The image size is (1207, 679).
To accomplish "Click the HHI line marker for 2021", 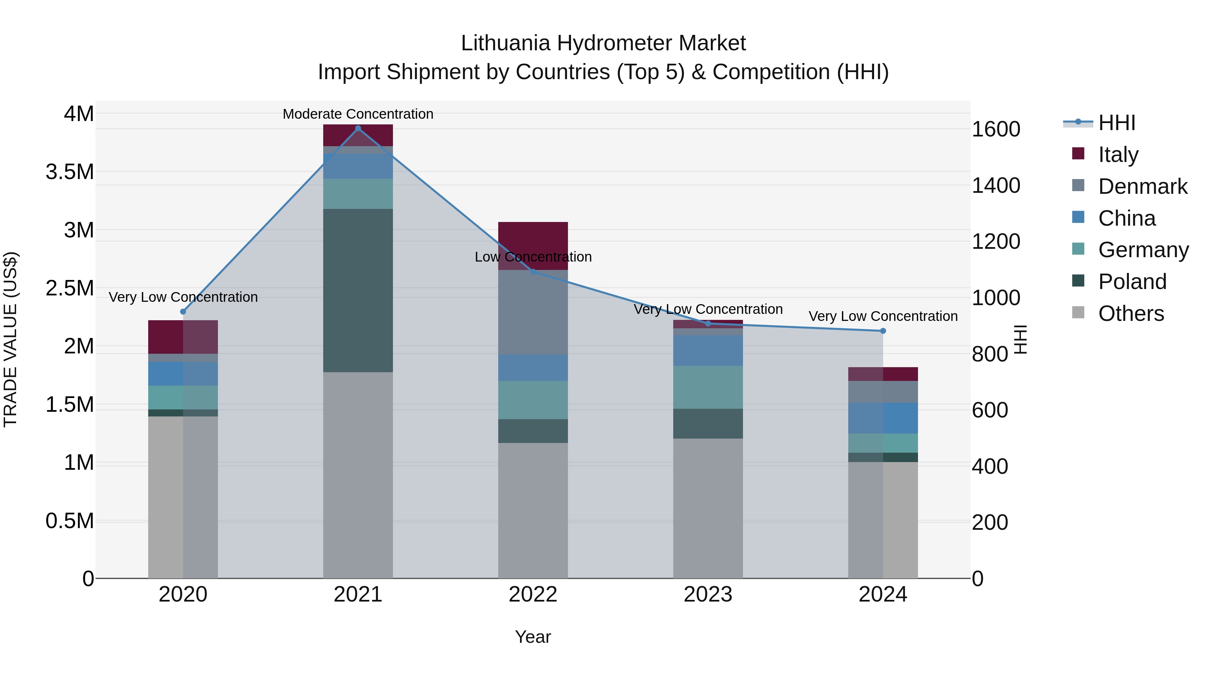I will point(358,128).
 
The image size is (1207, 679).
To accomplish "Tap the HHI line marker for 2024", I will point(883,331).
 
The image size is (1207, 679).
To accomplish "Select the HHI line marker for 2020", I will point(183,312).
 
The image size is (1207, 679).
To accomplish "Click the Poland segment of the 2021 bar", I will point(358,290).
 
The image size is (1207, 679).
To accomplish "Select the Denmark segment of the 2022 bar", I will point(533,312).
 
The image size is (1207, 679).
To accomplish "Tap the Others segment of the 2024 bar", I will point(883,520).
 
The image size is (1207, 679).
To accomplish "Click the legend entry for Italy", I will point(1118,155).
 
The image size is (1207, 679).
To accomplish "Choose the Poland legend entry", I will point(1132,282).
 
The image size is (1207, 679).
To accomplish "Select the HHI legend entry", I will point(1116,123).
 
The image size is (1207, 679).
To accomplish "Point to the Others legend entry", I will point(1131,314).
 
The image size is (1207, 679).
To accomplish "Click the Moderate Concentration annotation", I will point(358,114).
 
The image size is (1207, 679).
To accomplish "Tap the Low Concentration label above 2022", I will point(533,257).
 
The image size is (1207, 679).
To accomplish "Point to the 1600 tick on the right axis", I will point(996,129).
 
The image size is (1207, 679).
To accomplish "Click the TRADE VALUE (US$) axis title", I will point(10,339).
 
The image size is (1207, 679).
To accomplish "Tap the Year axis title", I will point(533,637).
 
